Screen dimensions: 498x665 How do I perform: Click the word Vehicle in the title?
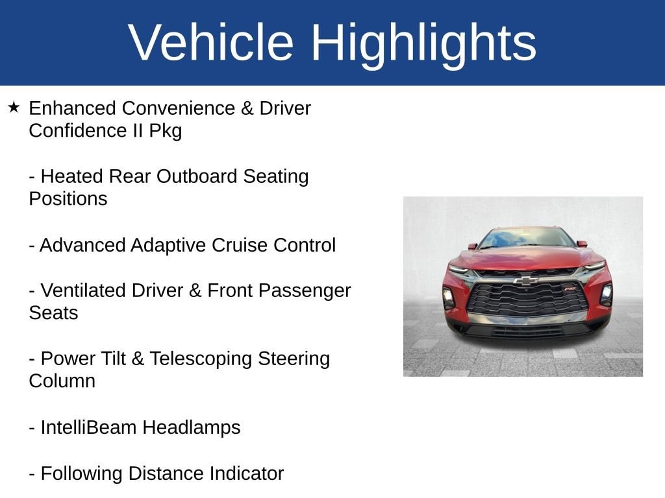point(211,43)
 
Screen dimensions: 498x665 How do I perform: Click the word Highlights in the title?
point(423,43)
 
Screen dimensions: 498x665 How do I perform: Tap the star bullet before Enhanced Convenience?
point(14,107)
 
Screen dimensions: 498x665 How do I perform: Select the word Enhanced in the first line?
point(73,108)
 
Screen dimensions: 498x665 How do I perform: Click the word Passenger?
point(307,290)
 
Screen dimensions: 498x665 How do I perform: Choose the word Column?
point(62,381)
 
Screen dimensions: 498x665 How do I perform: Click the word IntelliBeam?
point(89,428)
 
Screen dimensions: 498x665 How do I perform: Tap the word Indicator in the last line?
point(246,474)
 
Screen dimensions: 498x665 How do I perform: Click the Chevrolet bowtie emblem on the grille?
point(526,280)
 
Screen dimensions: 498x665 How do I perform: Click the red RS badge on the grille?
point(570,288)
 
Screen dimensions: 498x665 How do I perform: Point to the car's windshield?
point(526,239)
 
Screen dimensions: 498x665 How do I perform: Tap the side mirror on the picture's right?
point(582,244)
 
